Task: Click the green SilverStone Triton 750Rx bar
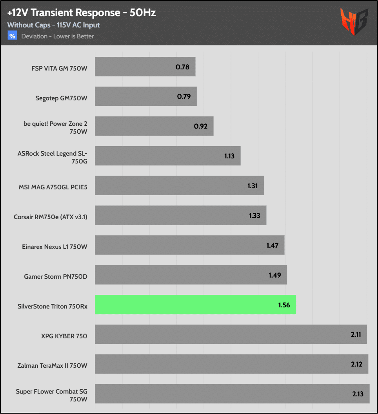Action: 195,305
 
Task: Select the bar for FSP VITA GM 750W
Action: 145,67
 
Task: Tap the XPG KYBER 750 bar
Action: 231,334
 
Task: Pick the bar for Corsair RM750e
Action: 180,215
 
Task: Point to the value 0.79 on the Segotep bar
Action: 184,96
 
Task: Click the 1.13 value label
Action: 229,156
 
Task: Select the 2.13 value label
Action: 358,394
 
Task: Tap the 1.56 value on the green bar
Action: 283,305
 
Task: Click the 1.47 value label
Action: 272,245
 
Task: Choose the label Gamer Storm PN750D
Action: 56,276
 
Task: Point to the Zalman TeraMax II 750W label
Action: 53,366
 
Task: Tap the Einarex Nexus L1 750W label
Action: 55,247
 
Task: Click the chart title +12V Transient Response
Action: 82,13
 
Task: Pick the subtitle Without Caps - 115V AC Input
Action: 53,25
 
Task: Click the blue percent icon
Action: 12,36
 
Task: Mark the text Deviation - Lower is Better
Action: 58,36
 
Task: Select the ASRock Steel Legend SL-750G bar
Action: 167,156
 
